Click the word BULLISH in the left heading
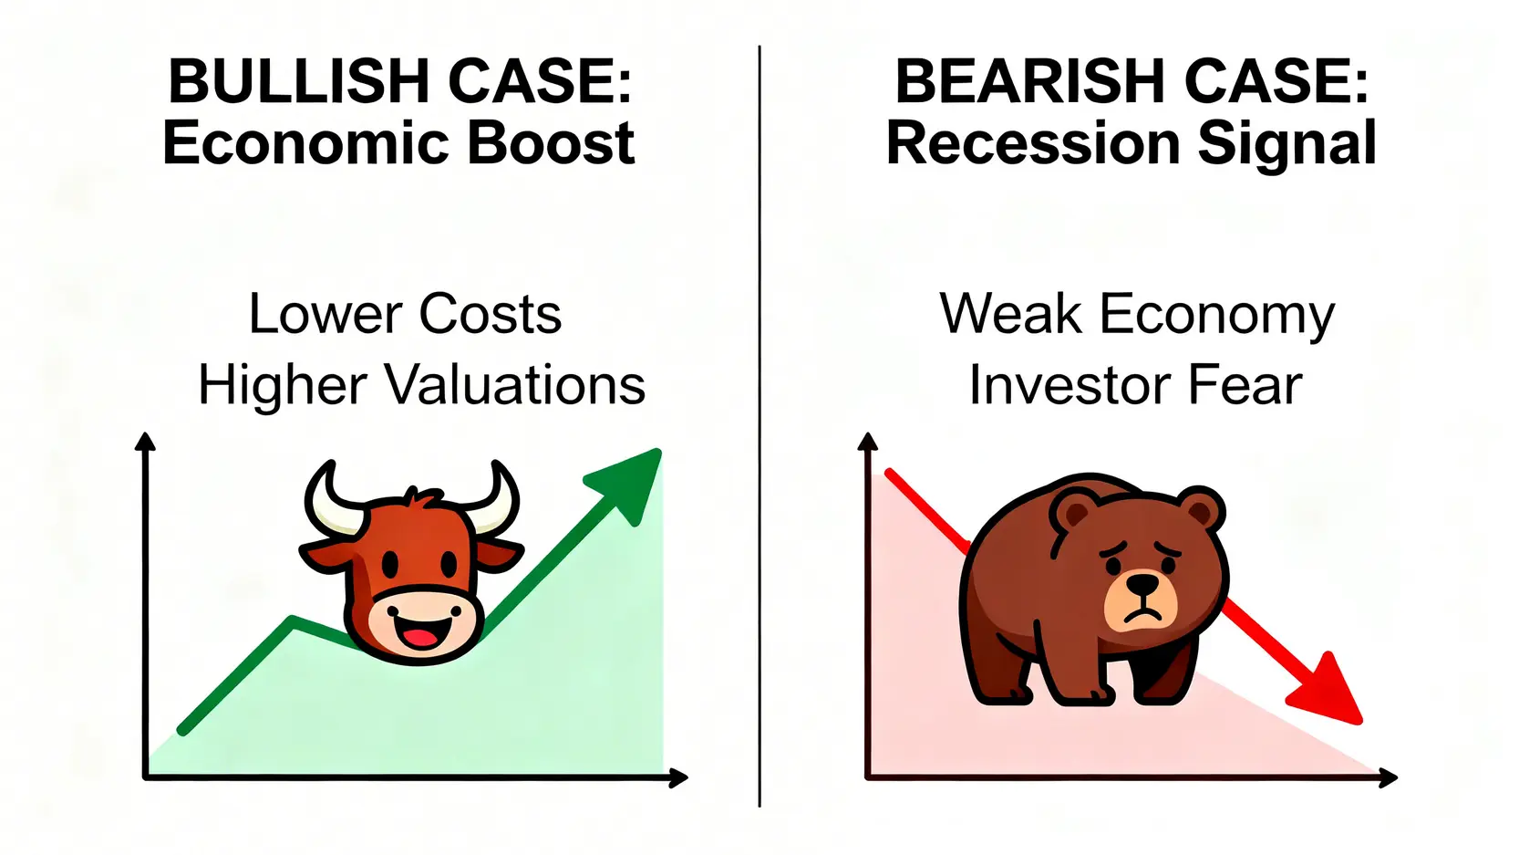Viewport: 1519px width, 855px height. pyautogui.click(x=299, y=81)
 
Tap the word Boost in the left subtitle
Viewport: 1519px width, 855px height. pyautogui.click(x=552, y=143)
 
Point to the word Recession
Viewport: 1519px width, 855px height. pyautogui.click(x=1033, y=143)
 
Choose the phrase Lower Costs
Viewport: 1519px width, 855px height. pyautogui.click(x=406, y=314)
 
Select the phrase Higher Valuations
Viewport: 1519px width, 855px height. pyautogui.click(x=421, y=385)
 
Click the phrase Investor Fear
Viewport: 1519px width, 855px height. pyautogui.click(x=1136, y=385)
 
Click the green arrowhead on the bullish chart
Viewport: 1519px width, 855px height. pyautogui.click(x=627, y=482)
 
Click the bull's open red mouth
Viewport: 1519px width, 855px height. pyautogui.click(x=420, y=638)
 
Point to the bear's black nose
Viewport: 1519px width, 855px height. pyautogui.click(x=1142, y=583)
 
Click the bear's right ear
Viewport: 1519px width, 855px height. pyautogui.click(x=1199, y=509)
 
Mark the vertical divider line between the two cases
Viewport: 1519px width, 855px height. pyautogui.click(x=759, y=426)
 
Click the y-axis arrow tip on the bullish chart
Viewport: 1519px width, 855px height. pyautogui.click(x=144, y=433)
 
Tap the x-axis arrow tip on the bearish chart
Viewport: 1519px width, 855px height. pyautogui.click(x=1397, y=777)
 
